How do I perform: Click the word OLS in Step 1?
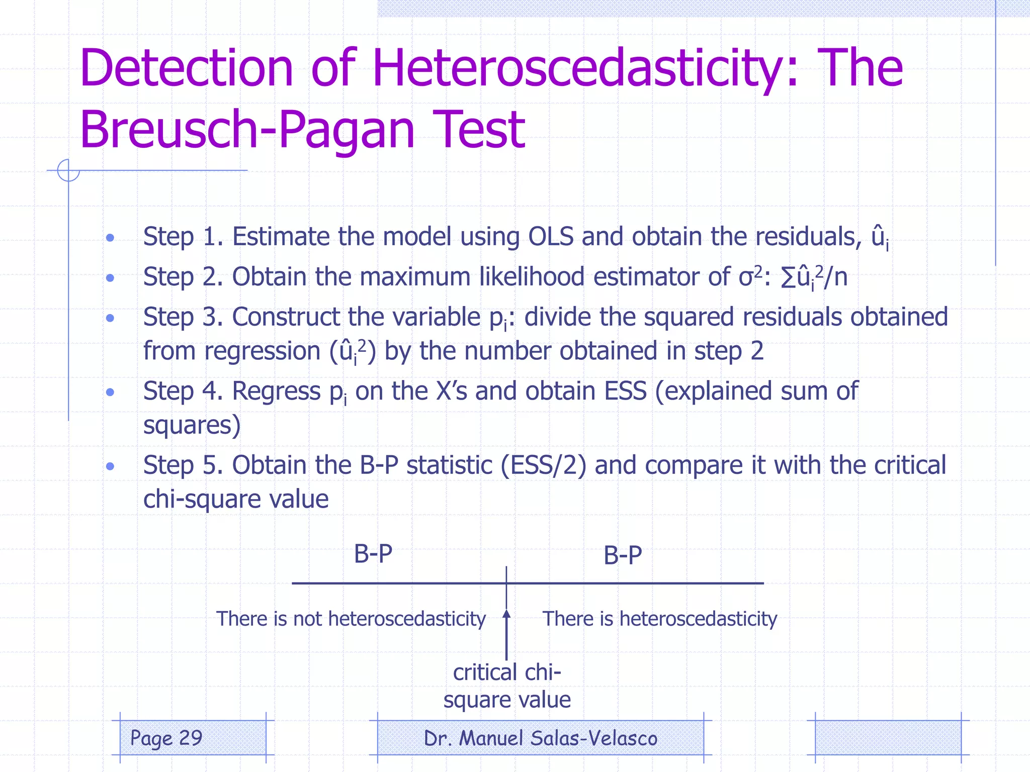551,236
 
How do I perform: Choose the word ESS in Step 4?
625,391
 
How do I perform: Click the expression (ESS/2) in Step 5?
543,465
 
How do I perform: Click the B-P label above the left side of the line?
373,554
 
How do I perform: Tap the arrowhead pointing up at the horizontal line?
506,614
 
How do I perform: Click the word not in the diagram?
307,619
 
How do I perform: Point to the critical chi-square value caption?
507,686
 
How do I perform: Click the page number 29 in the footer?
191,738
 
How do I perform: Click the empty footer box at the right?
888,738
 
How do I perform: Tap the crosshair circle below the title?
68,170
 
